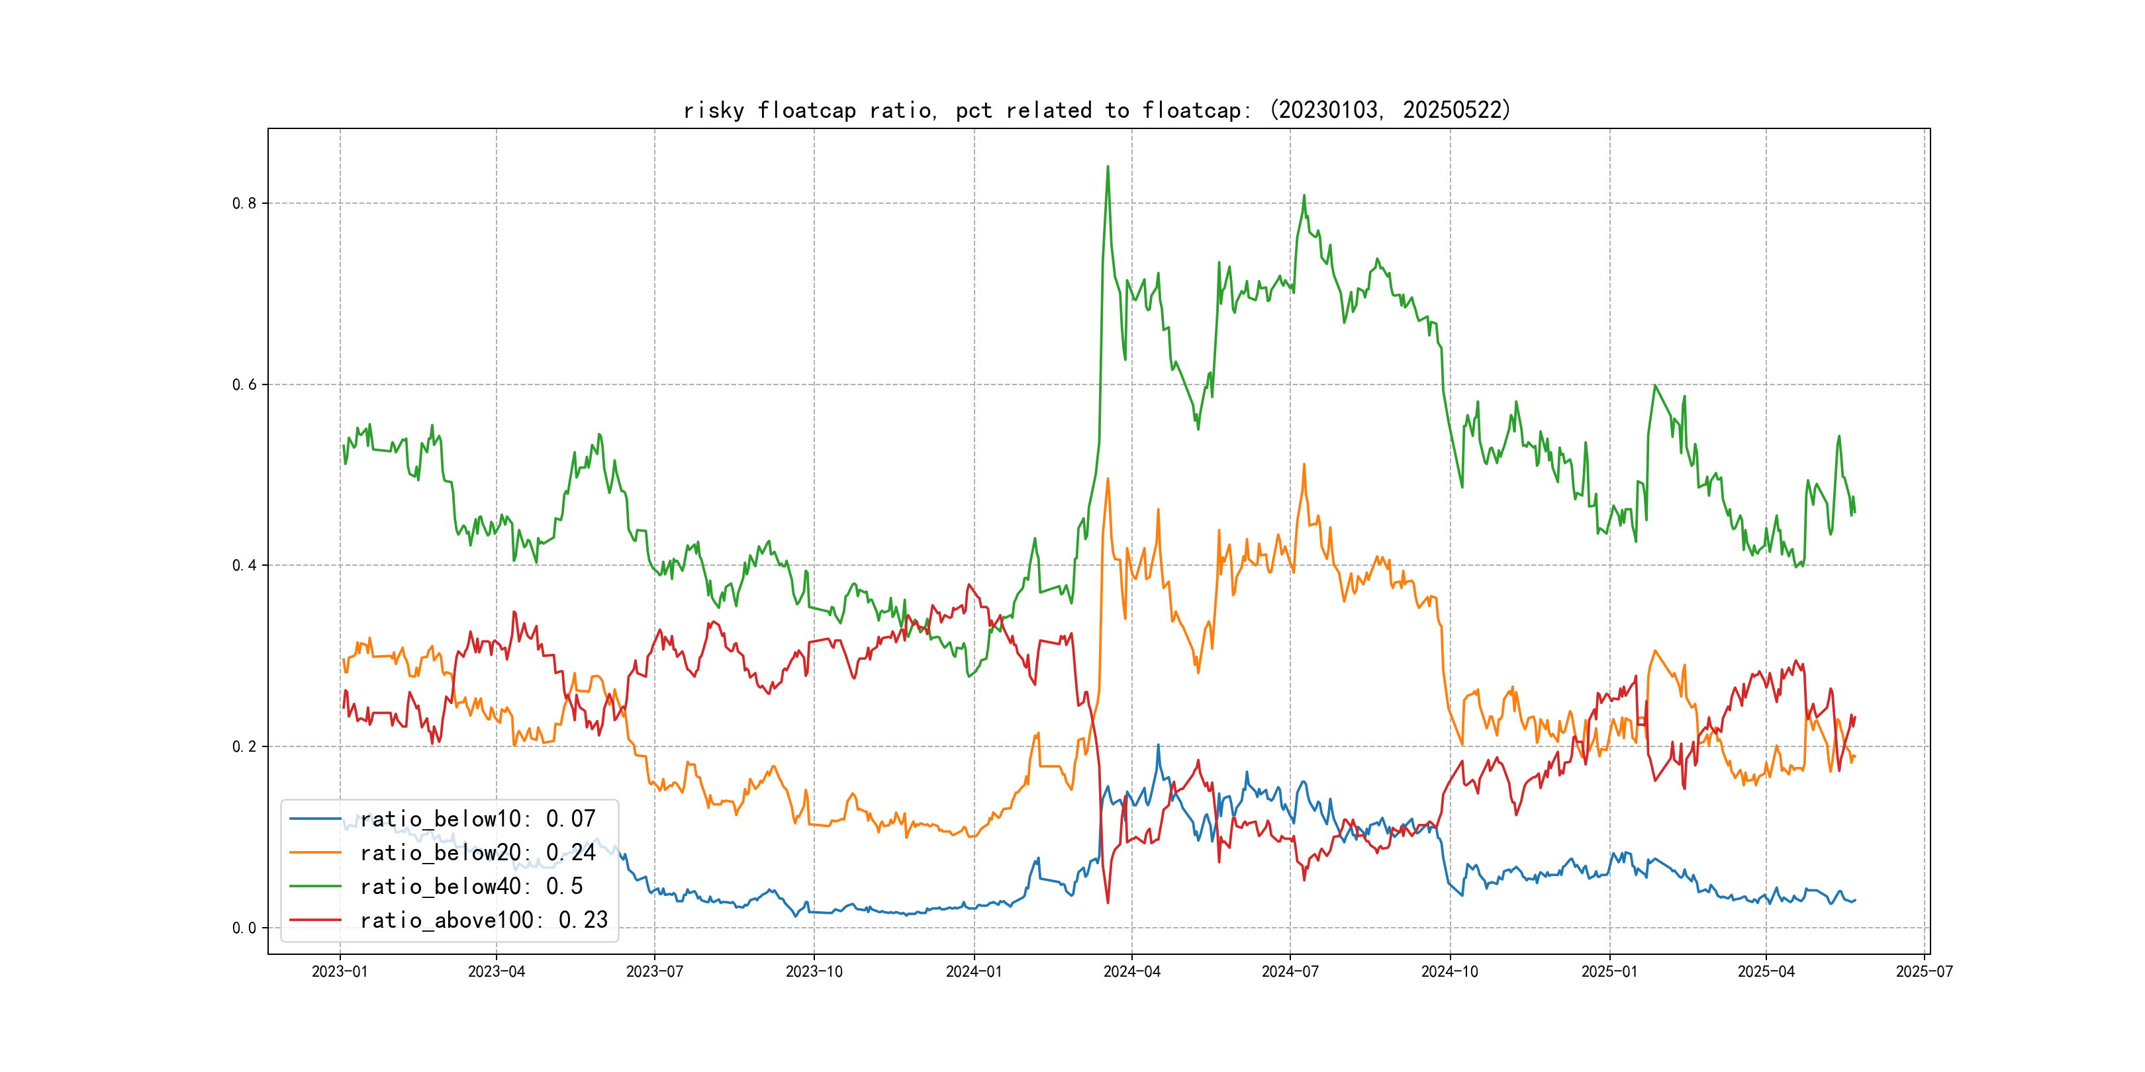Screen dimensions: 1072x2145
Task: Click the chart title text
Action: (1096, 110)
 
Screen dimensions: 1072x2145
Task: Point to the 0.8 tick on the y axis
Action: (244, 203)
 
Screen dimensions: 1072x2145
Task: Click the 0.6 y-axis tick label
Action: (244, 384)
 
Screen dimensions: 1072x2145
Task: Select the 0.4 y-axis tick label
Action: (244, 566)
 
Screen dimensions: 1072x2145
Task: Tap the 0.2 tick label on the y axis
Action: (244, 746)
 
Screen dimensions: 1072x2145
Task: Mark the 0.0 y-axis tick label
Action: (244, 928)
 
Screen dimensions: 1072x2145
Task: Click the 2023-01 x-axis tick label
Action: (340, 971)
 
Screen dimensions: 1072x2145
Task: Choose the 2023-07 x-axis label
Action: (655, 971)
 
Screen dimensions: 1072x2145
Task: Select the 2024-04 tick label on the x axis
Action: (1131, 971)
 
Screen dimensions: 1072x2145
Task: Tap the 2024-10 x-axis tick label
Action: (1450, 971)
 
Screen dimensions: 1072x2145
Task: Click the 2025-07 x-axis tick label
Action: (1925, 971)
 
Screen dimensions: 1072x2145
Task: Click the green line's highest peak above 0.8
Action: (1108, 167)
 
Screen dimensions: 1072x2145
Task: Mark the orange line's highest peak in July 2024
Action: (1304, 465)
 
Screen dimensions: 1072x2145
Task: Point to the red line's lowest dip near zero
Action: (1108, 902)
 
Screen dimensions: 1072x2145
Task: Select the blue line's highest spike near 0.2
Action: (1157, 746)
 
